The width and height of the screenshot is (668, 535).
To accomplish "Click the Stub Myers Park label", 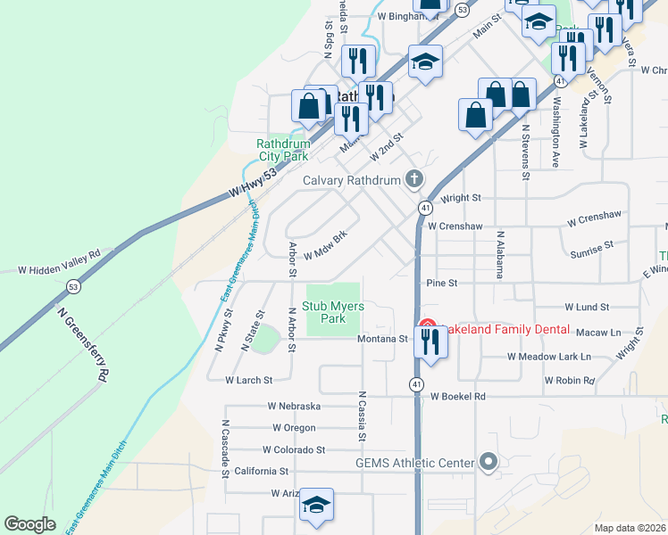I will pyautogui.click(x=322, y=311).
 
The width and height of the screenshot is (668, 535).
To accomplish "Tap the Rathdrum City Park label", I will pyautogui.click(x=282, y=149).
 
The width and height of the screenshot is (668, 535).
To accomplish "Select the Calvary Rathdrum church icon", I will pyautogui.click(x=413, y=179).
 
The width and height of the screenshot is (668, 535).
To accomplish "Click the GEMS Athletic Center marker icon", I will pyautogui.click(x=488, y=462).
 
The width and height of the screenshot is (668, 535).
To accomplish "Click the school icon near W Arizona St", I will pyautogui.click(x=316, y=506).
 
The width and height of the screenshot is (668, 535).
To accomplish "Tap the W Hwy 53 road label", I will pyautogui.click(x=253, y=183).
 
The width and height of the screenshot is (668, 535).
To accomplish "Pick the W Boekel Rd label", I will pyautogui.click(x=457, y=395).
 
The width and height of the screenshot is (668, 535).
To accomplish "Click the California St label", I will pyautogui.click(x=261, y=471).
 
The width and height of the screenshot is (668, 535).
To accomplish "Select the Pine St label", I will pyautogui.click(x=441, y=283).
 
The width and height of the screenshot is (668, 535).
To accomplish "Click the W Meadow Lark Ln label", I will pyautogui.click(x=549, y=356).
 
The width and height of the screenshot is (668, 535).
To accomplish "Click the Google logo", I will pyautogui.click(x=29, y=524).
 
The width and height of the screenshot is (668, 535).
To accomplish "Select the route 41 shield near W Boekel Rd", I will pyautogui.click(x=417, y=383).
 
